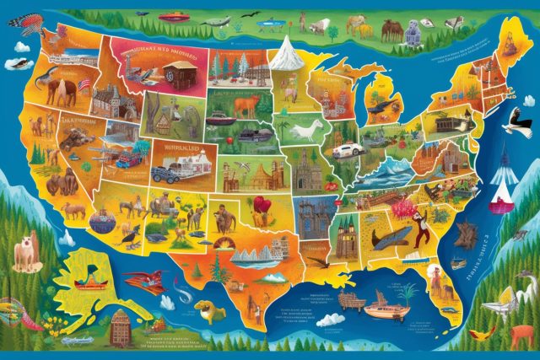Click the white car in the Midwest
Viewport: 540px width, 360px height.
(x=347, y=151)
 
